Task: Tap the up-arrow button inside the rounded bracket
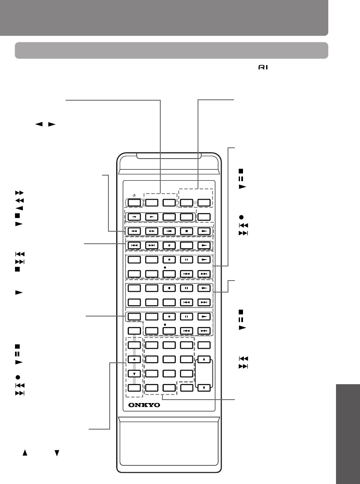click(x=204, y=359)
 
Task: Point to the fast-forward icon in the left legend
click(x=18, y=193)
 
